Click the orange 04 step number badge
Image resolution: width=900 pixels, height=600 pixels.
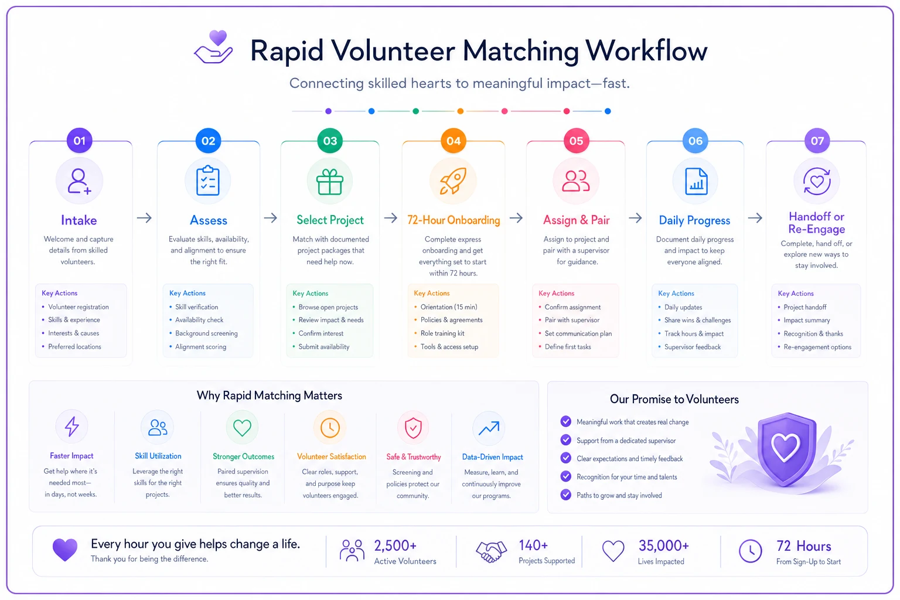point(453,141)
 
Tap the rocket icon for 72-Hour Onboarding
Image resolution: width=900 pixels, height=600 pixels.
point(453,181)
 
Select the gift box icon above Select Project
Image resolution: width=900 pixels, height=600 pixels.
point(330,182)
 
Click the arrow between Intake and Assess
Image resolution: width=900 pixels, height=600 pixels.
point(144,218)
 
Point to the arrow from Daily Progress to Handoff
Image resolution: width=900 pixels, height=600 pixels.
point(755,218)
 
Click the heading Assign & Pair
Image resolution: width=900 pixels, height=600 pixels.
point(576,220)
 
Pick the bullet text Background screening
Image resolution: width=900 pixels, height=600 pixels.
point(206,333)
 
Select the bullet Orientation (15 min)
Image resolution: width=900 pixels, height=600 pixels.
point(449,307)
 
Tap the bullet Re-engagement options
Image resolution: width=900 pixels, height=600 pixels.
point(817,347)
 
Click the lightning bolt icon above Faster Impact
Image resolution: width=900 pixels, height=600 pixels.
point(72,427)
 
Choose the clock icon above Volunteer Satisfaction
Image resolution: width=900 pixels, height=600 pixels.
point(330,428)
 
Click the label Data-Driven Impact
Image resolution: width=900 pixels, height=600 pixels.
point(492,457)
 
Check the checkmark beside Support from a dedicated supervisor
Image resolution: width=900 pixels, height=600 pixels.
point(565,440)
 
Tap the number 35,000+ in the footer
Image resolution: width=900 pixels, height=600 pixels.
point(664,546)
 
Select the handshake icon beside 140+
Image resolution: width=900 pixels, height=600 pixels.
point(491,551)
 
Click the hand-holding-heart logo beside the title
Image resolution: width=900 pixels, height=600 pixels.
point(213,47)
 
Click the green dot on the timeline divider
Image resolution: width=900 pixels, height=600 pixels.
point(416,111)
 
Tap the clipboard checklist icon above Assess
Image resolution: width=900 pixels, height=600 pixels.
point(208,181)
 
